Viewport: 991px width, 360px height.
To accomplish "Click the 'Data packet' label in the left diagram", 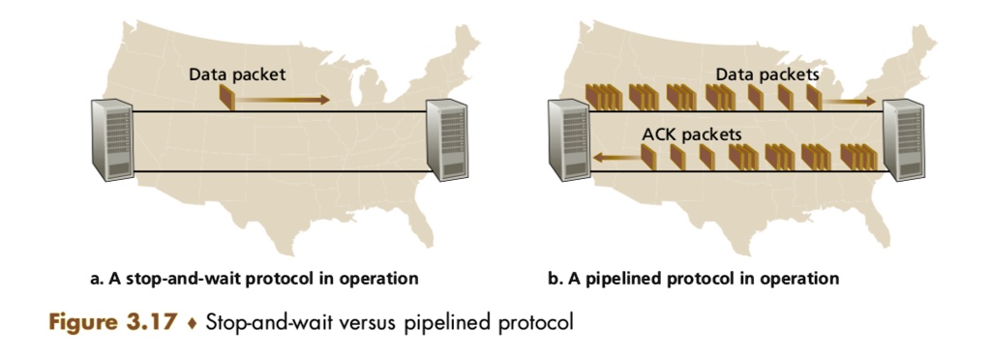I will point(237,74).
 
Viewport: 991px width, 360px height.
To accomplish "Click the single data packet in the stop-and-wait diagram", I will point(226,98).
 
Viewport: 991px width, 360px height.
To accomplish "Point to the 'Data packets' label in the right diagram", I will point(767,74).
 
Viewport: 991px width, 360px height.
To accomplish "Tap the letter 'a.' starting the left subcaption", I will point(96,279).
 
